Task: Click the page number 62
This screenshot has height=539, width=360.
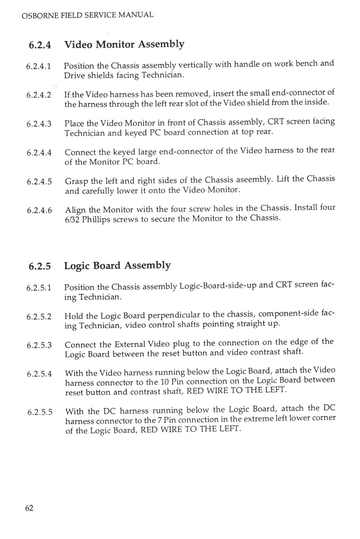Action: click(29, 508)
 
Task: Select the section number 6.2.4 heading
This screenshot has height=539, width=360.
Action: click(40, 45)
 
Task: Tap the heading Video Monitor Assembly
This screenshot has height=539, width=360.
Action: click(124, 44)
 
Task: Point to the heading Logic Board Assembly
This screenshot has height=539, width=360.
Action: click(117, 265)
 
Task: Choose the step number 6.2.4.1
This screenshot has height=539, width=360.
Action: click(39, 67)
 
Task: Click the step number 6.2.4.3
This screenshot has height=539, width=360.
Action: click(39, 124)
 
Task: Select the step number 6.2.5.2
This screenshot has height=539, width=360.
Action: click(39, 316)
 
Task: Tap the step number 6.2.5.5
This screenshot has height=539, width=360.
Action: click(40, 412)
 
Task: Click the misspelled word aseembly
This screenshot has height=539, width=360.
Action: click(256, 180)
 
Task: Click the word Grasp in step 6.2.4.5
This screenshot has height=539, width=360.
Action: click(77, 181)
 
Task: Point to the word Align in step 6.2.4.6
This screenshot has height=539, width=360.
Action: click(75, 210)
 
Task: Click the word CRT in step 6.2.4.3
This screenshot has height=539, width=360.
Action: click(275, 121)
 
